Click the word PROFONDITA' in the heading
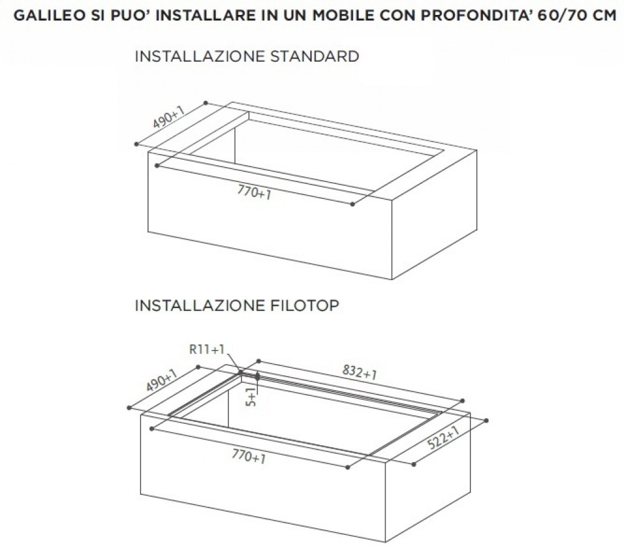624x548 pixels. [475, 16]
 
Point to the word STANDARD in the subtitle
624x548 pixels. [314, 56]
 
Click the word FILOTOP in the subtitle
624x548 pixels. [305, 305]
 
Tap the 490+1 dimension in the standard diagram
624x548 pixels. [168, 117]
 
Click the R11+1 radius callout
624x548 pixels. [207, 350]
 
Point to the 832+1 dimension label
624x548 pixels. [359, 372]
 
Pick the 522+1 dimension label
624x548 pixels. [443, 437]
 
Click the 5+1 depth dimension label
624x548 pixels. [251, 397]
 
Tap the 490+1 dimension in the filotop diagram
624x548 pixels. [161, 380]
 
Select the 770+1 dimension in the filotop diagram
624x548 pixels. [249, 456]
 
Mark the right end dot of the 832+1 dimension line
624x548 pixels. [462, 401]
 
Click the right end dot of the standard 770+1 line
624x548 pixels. [353, 204]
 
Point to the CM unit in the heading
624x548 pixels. [602, 16]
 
